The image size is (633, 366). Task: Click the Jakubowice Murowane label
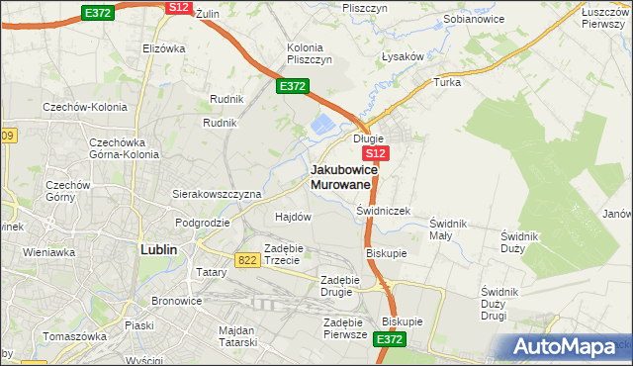tap(340, 176)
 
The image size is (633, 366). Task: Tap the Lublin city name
tap(158, 249)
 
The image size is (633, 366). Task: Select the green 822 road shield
tap(248, 258)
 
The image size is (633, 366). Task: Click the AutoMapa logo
tap(568, 347)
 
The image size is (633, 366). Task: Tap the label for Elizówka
tap(164, 47)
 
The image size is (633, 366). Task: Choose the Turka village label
tap(447, 82)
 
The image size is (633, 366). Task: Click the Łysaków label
tap(403, 56)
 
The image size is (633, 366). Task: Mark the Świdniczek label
tap(383, 211)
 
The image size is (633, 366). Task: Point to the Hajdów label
tap(293, 216)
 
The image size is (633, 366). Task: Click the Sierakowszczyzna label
tap(217, 194)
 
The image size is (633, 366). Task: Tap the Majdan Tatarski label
tap(235, 336)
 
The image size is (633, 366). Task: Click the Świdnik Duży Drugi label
tap(507, 303)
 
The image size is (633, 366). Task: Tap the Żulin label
tap(206, 15)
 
